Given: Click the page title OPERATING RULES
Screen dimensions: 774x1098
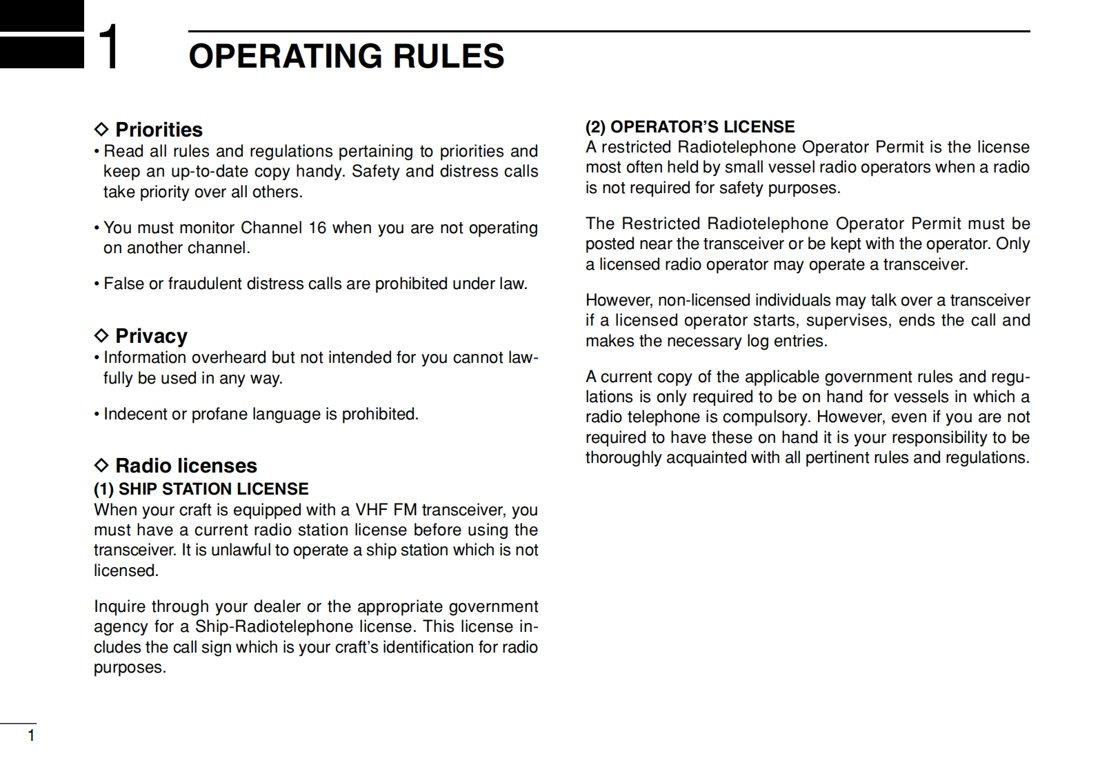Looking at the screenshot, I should tap(346, 57).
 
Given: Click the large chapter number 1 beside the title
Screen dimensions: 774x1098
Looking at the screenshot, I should tap(109, 47).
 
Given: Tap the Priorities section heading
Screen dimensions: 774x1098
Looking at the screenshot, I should tap(159, 130).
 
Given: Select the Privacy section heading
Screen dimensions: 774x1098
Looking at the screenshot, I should tap(151, 336).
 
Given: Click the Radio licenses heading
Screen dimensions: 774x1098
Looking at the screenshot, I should tap(186, 466).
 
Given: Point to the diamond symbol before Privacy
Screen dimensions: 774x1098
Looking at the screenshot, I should tap(101, 336).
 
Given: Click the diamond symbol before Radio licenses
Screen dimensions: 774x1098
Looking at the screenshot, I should tap(101, 466).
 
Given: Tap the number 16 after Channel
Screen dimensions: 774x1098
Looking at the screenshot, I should tap(317, 228).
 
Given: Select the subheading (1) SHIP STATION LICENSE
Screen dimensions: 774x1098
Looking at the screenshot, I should tap(201, 489).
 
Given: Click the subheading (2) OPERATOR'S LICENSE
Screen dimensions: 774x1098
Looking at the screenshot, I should tap(690, 127).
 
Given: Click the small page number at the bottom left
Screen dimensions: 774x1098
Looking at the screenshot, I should tap(30, 736).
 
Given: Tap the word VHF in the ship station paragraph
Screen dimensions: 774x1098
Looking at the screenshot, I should tap(372, 510).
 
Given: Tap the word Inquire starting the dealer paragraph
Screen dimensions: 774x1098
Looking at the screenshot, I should tap(120, 606).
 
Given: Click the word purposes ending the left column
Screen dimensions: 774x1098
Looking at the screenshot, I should tap(129, 668).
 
